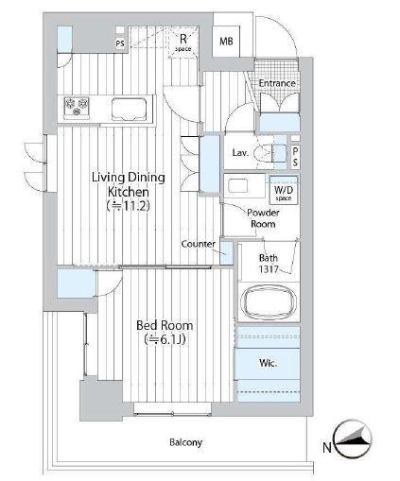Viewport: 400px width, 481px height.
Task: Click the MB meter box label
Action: [x=226, y=42]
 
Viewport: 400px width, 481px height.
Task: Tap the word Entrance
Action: [x=277, y=83]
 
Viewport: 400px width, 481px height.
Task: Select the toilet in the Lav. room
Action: [x=265, y=153]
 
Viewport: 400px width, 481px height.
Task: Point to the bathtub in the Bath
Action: [x=270, y=301]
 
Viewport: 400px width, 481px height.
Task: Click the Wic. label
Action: [x=268, y=363]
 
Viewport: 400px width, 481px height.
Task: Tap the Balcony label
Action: [x=185, y=442]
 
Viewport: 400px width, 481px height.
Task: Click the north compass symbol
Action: [x=353, y=438]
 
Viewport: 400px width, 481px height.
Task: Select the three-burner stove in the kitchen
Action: [x=77, y=107]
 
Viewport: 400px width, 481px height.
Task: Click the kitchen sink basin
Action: [x=130, y=109]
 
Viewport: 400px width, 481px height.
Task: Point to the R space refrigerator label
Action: [x=183, y=43]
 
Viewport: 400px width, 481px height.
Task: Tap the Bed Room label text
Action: [x=165, y=325]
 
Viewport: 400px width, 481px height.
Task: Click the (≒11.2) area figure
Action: [x=128, y=206]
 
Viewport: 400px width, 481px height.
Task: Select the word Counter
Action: [x=199, y=244]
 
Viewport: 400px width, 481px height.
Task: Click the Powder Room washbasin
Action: [x=238, y=185]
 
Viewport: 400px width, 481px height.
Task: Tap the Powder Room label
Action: [x=263, y=218]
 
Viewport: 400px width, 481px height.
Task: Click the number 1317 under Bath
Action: [x=269, y=269]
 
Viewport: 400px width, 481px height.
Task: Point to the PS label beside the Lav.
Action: [x=295, y=157]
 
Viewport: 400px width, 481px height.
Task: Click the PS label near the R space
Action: [x=120, y=43]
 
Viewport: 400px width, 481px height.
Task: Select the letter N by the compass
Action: [x=327, y=447]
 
